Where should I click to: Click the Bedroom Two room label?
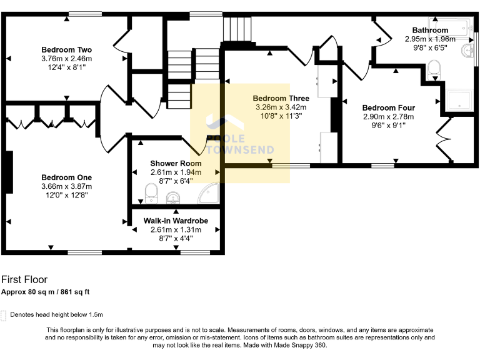(x=66, y=50)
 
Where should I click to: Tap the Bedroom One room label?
(x=66, y=177)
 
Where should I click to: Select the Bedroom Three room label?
(x=281, y=99)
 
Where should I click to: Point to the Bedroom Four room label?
(x=388, y=107)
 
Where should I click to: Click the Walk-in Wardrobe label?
(x=176, y=221)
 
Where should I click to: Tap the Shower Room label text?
(x=176, y=164)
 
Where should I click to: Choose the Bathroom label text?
(x=429, y=30)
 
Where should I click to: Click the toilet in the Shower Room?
(x=150, y=193)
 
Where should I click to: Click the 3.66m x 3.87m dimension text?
(x=66, y=186)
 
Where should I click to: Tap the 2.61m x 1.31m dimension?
(x=176, y=229)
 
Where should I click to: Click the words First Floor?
(x=24, y=280)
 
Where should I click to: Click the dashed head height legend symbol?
(x=4, y=315)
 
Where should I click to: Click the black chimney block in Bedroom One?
(x=9, y=172)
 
